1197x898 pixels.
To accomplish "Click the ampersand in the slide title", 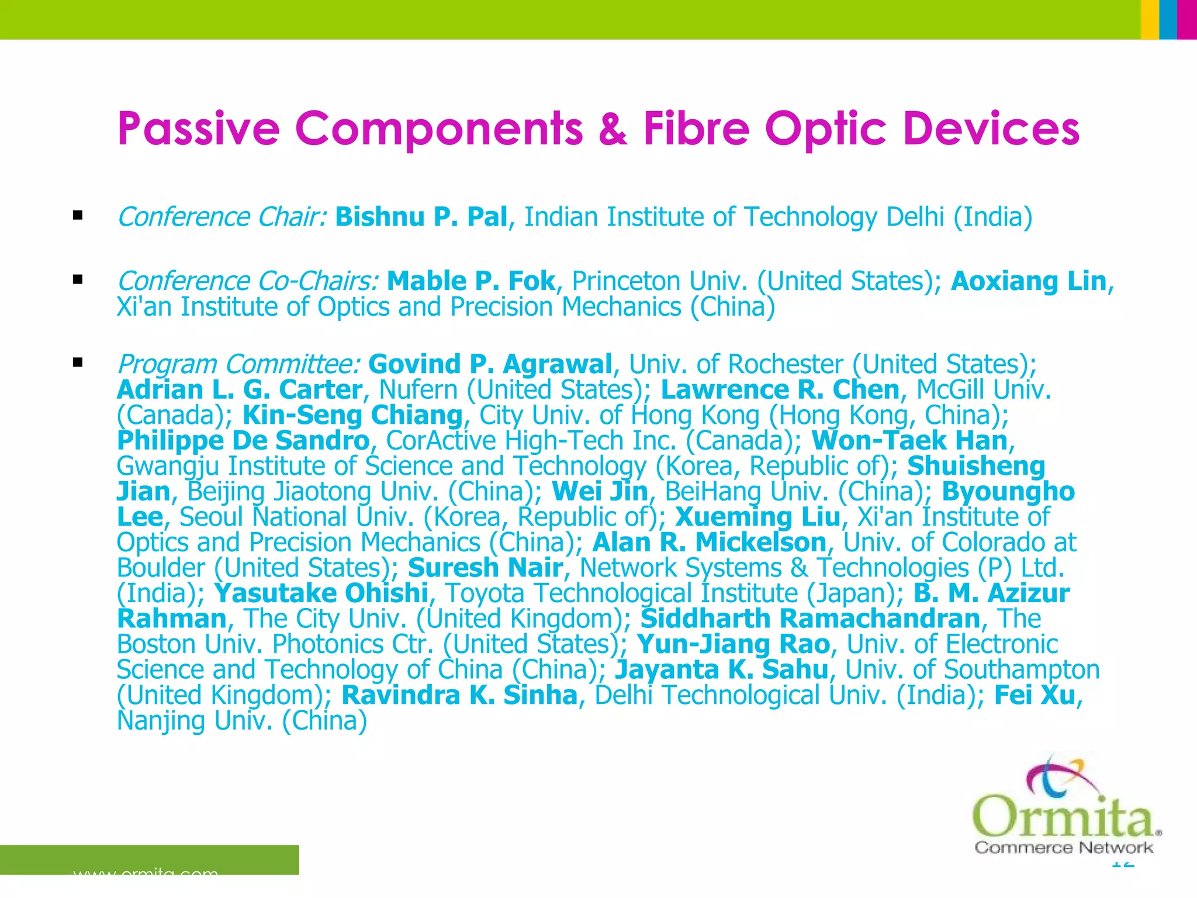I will pos(613,129).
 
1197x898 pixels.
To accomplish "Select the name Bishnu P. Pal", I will pos(421,217).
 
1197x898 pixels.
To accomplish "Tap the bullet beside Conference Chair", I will pos(78,216).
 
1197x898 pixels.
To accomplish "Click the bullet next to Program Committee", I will pos(78,363).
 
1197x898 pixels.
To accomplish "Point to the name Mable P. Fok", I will pos(471,281).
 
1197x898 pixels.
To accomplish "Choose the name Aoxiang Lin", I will pos(1029,281).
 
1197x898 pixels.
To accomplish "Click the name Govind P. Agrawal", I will pos(490,364).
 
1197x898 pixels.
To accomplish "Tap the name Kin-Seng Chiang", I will pos(352,415).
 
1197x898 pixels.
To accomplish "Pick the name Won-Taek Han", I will pos(909,441).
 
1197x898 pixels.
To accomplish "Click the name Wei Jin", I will pos(600,492).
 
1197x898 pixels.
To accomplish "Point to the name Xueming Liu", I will pos(757,517).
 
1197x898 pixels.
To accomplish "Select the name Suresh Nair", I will pos(485,568).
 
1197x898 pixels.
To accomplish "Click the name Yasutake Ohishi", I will pos(321,593).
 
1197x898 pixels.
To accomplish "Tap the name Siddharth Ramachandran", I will pos(810,619).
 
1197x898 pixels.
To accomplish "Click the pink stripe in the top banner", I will pos(1187,19).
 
